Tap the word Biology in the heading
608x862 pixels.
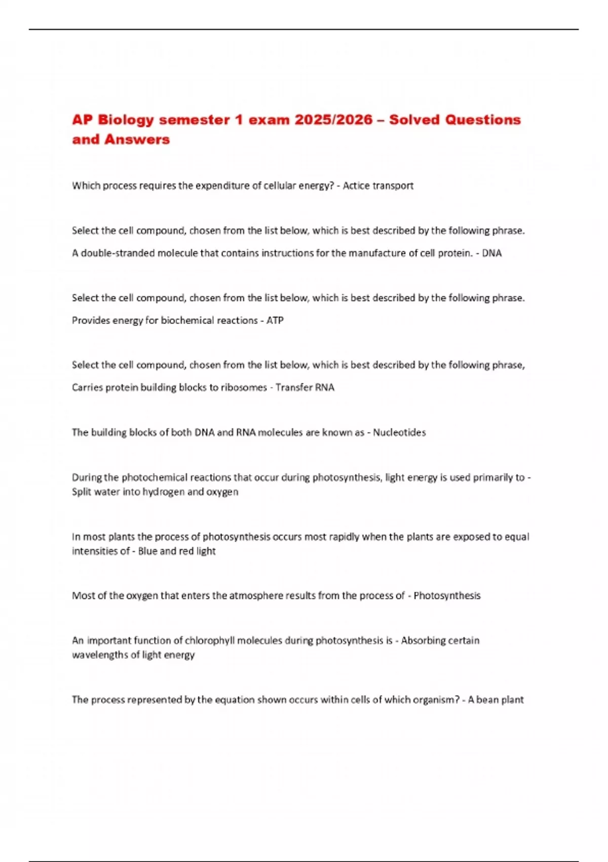coord(126,120)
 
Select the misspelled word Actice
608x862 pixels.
coord(356,186)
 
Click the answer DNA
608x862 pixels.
coord(491,253)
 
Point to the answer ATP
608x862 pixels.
coord(275,320)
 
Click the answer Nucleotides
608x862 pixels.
coord(399,433)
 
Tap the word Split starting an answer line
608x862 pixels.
coord(81,492)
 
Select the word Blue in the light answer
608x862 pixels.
coord(147,551)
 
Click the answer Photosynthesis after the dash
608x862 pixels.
coord(447,595)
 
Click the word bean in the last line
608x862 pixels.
coord(488,700)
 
